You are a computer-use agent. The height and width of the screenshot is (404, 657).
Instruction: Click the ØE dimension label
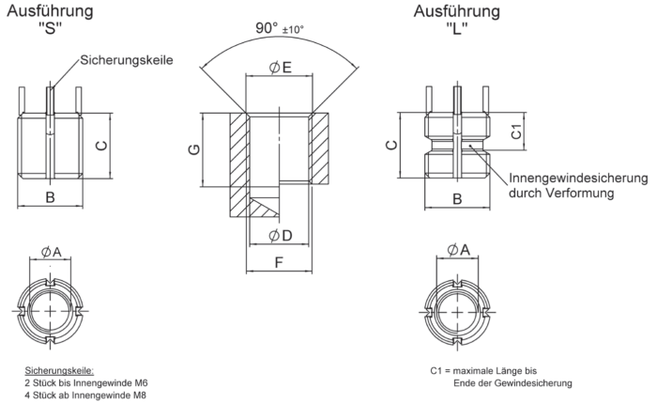point(280,67)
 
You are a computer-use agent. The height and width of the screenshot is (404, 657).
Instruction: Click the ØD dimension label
point(280,234)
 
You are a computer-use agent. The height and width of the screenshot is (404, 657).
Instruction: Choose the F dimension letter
point(280,262)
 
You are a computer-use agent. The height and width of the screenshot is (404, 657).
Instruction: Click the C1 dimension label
point(515,132)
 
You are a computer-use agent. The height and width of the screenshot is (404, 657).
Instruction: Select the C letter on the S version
point(100,145)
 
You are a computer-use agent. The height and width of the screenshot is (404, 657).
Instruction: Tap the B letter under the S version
point(51,197)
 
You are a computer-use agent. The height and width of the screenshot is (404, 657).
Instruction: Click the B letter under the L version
point(457,198)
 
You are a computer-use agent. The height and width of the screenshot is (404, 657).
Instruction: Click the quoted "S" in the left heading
point(51,30)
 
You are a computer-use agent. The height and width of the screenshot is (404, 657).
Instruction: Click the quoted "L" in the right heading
point(457,30)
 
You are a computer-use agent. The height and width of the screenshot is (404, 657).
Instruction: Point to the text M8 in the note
point(136,395)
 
